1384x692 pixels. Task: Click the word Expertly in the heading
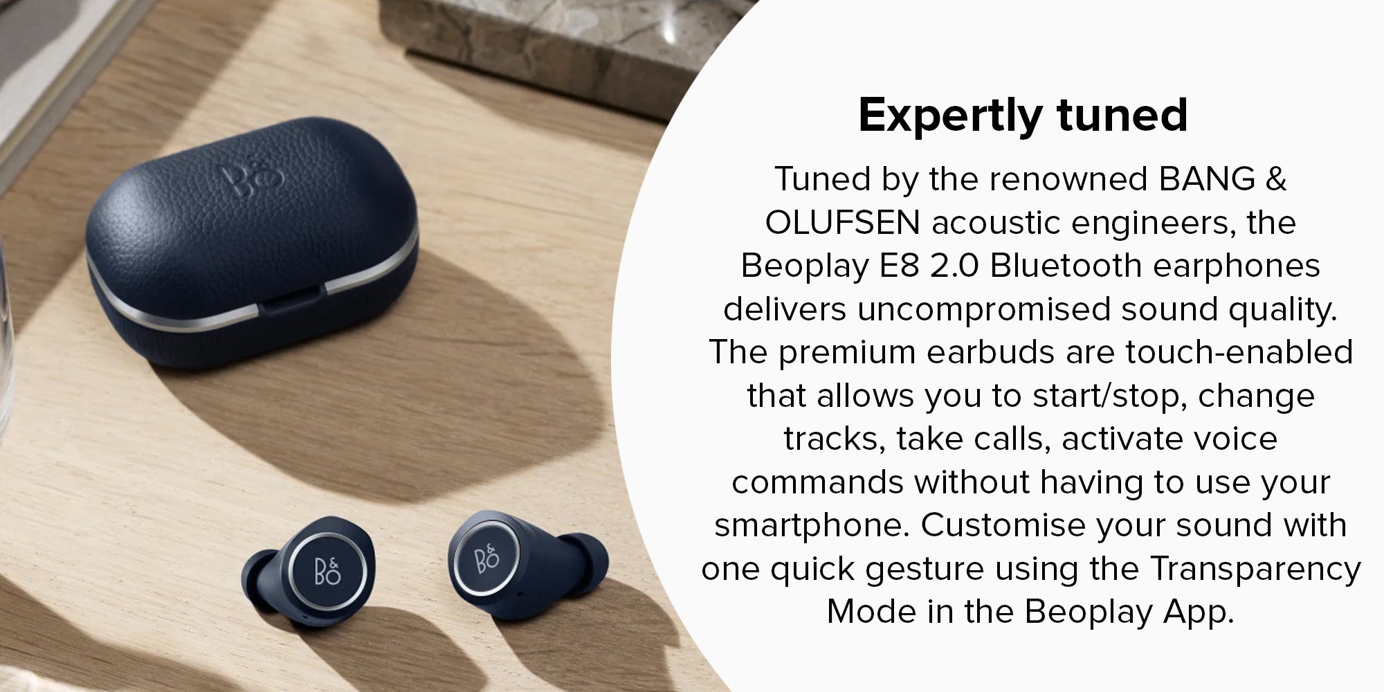tap(948, 116)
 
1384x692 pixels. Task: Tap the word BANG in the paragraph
tap(1207, 179)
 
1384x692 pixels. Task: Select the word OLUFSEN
tap(842, 222)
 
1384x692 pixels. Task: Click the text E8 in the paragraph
tap(899, 266)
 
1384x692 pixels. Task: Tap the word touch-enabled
tap(1239, 352)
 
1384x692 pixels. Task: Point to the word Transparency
tap(1255, 569)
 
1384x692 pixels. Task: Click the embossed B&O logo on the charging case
tap(253, 177)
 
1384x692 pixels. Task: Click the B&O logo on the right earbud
tap(487, 559)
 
